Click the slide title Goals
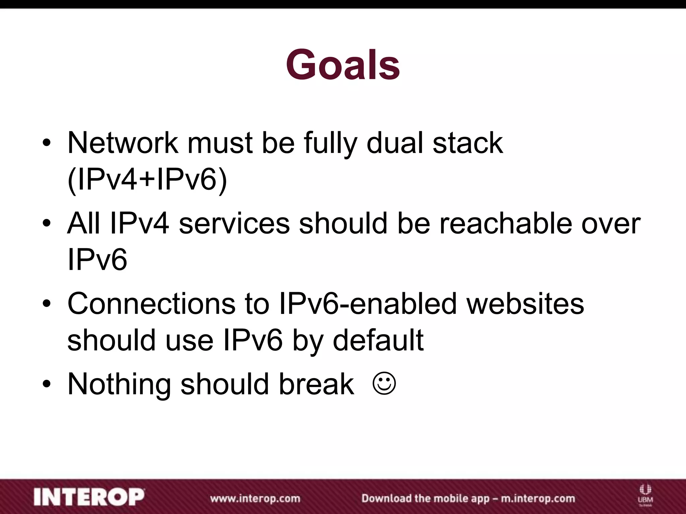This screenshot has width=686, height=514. [343, 65]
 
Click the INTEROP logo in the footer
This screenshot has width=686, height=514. [89, 497]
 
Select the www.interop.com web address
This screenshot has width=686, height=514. [255, 498]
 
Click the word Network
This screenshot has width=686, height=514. [123, 143]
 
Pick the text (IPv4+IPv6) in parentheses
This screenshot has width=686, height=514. [147, 180]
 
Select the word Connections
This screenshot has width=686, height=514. [152, 304]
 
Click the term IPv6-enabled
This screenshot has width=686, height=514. [367, 304]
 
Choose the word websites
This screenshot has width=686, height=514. [525, 304]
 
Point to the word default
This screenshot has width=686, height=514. [378, 341]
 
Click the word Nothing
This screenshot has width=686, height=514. [119, 384]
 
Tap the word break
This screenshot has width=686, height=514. [316, 384]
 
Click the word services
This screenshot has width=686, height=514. [234, 224]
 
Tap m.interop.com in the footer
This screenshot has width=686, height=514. [538, 498]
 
